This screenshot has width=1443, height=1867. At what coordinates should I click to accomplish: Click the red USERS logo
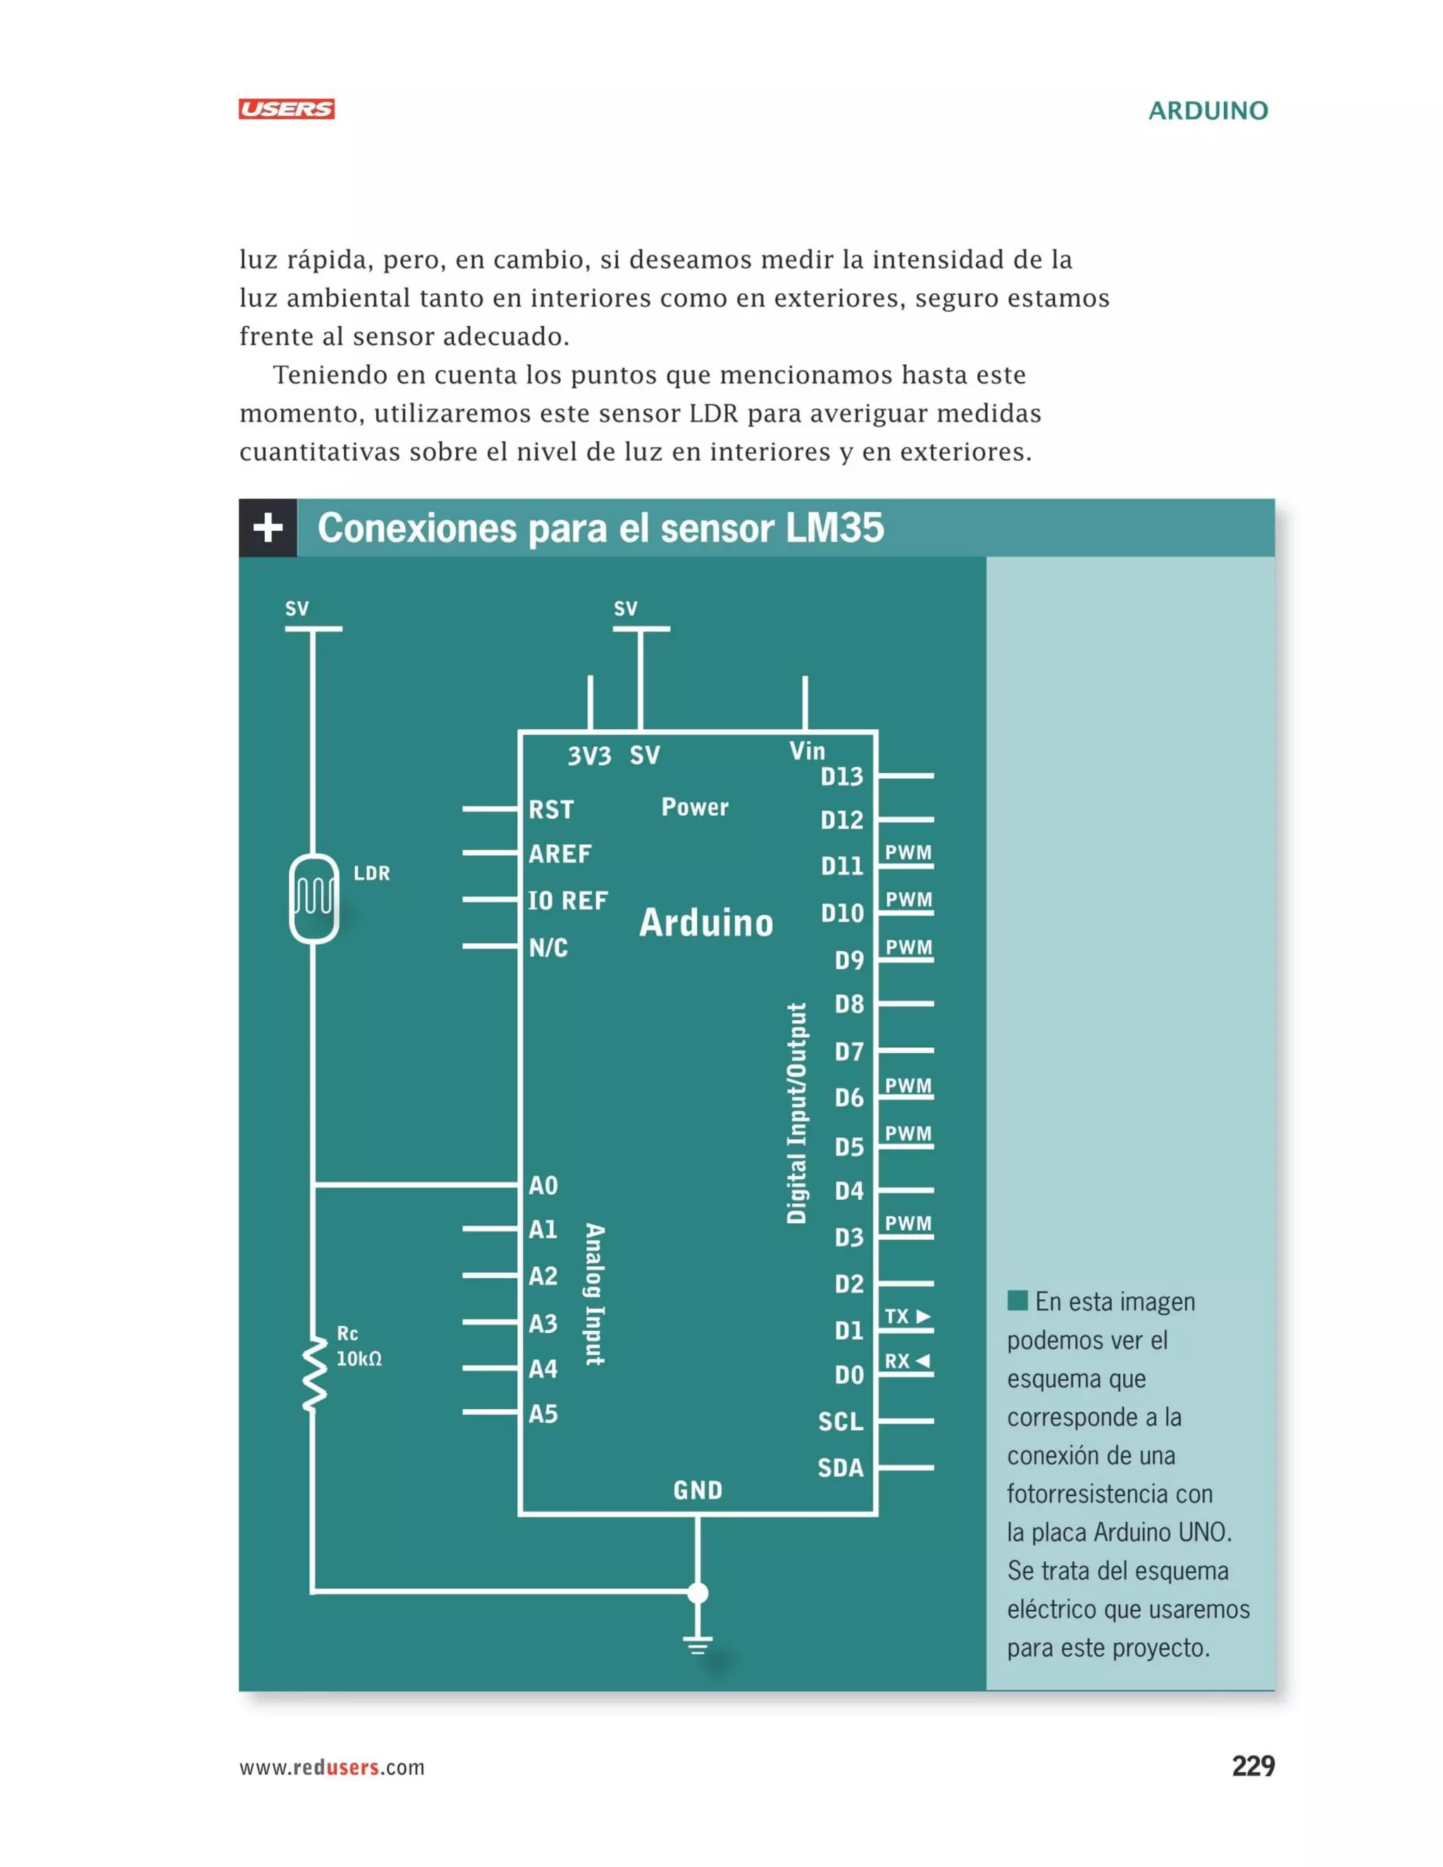click(286, 109)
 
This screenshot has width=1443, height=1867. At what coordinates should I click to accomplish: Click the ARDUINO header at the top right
click(1207, 111)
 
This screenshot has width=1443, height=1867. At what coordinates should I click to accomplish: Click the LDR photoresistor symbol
click(314, 898)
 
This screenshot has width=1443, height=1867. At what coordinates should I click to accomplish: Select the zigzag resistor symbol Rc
click(314, 1375)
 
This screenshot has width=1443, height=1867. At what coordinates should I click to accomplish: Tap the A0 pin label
click(543, 1186)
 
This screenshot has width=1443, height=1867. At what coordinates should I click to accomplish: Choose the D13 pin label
click(841, 776)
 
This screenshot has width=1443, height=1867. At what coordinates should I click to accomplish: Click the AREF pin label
click(560, 854)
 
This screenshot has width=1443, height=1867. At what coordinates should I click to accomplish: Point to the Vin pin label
click(807, 750)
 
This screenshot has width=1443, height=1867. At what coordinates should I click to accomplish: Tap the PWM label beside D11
click(908, 852)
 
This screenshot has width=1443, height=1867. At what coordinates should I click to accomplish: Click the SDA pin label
click(841, 1468)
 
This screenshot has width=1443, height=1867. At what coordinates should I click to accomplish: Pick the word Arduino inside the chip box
click(706, 923)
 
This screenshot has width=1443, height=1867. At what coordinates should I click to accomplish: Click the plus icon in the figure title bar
click(268, 528)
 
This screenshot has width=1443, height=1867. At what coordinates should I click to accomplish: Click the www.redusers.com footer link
click(332, 1767)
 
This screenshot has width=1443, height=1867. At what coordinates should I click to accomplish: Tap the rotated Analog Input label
click(594, 1294)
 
